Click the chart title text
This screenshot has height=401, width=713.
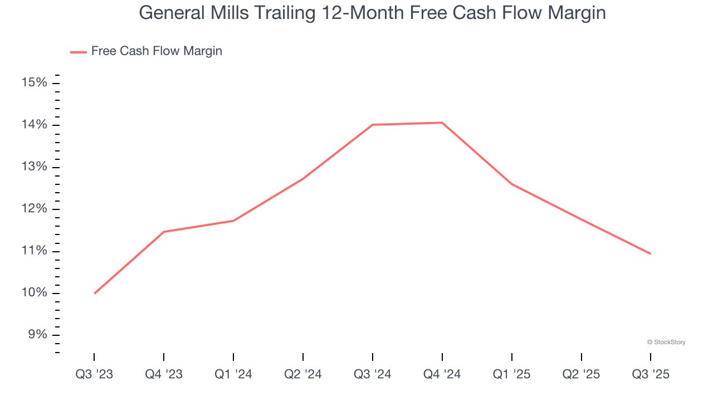(x=372, y=12)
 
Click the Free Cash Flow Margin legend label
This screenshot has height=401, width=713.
(x=157, y=51)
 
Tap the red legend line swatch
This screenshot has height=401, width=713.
(x=78, y=52)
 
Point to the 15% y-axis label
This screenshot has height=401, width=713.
(x=34, y=83)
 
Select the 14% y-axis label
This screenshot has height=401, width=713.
(x=34, y=125)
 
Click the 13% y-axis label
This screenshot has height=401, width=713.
(x=34, y=167)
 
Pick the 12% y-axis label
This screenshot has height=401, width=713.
(x=34, y=209)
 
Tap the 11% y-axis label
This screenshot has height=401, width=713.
(x=34, y=251)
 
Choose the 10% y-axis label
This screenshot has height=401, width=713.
(x=34, y=293)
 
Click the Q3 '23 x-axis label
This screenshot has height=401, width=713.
(x=94, y=374)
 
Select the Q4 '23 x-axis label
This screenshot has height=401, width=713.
(x=164, y=374)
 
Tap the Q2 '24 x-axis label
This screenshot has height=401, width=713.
(x=302, y=374)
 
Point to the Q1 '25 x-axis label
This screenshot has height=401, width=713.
(x=511, y=374)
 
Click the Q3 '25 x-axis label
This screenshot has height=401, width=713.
(x=651, y=374)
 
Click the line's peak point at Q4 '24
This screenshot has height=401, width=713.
(x=442, y=123)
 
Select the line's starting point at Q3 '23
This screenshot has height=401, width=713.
(x=95, y=293)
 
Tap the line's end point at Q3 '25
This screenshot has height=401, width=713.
(x=650, y=253)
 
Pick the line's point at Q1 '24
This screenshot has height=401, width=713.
(x=233, y=221)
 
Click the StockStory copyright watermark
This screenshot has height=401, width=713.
(x=666, y=342)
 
